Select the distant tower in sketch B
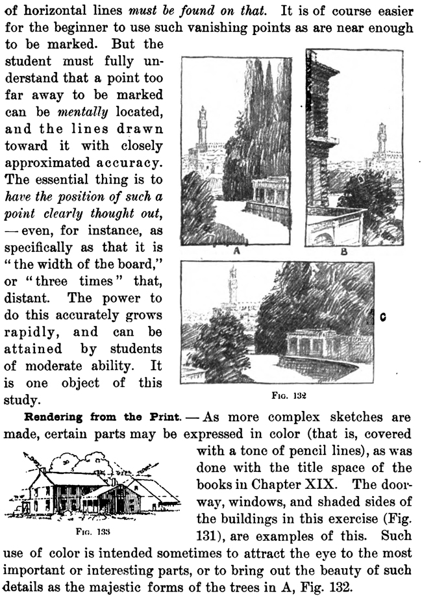[x=381, y=139]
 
